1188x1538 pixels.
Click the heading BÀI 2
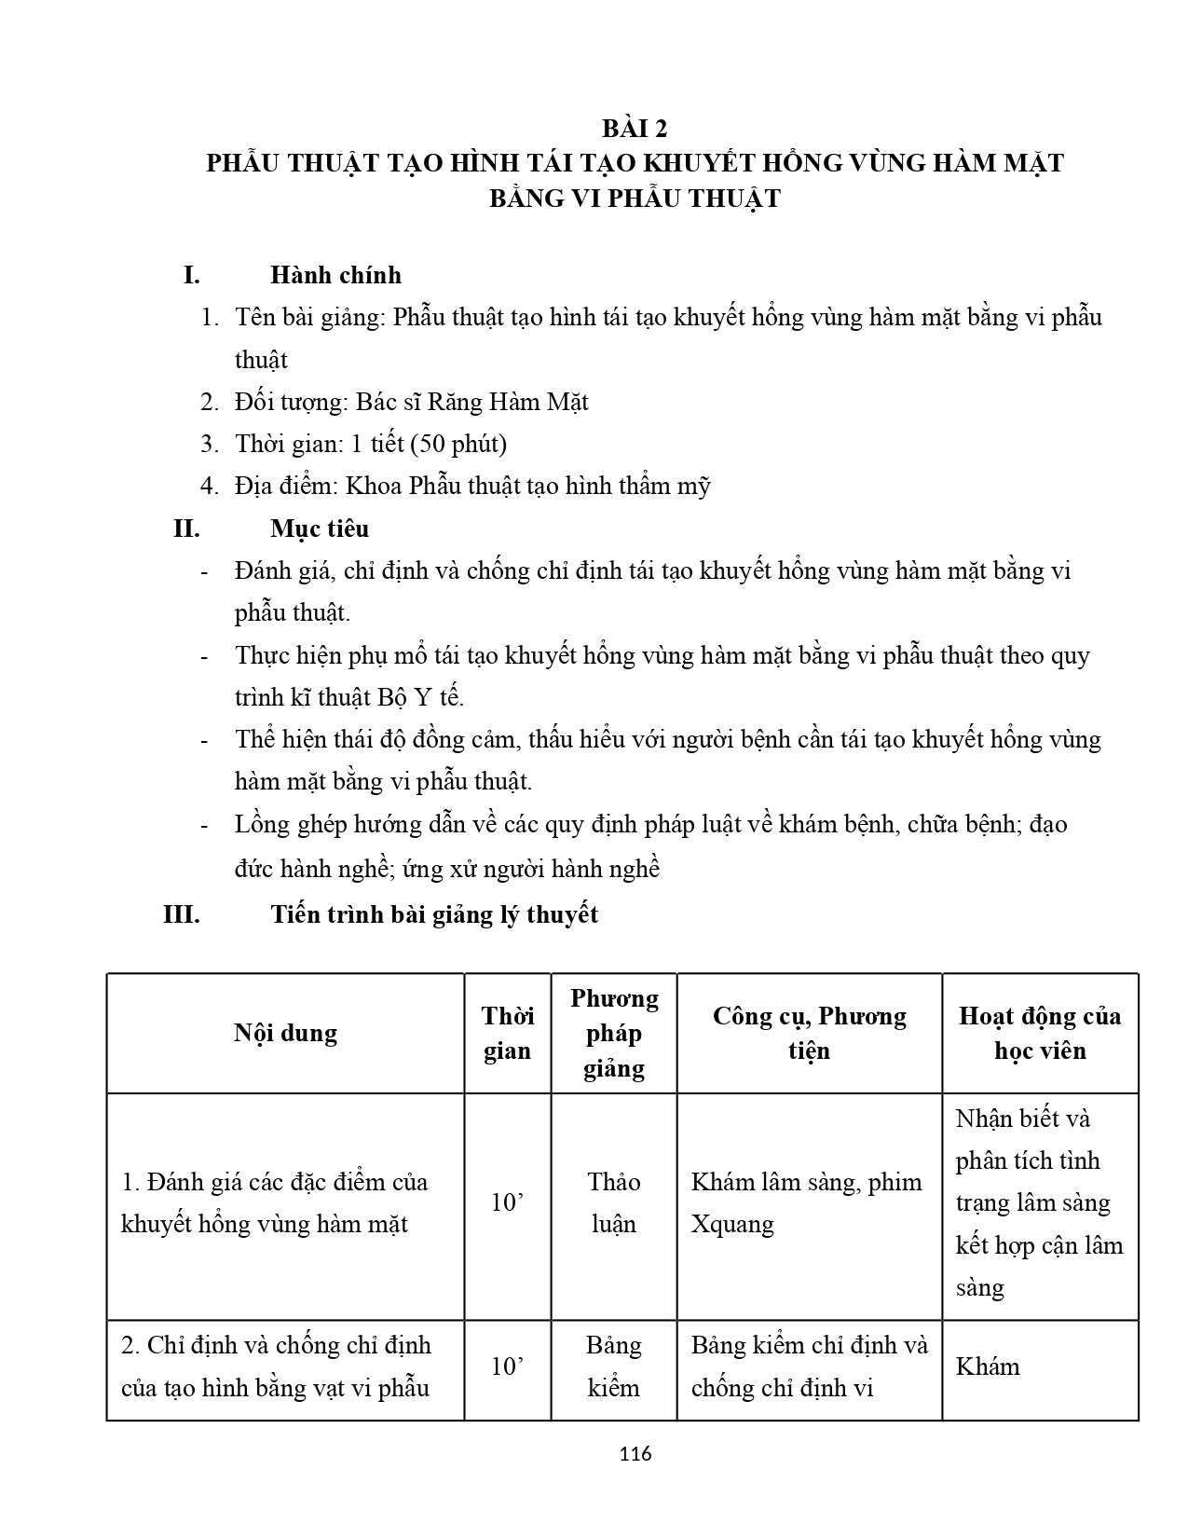(x=635, y=128)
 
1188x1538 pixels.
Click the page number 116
(x=635, y=1453)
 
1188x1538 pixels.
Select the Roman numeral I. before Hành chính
(x=191, y=275)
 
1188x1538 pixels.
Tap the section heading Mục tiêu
(x=320, y=529)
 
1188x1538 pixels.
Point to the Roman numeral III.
(x=182, y=914)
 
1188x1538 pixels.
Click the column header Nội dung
(x=285, y=1033)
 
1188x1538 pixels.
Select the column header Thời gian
(x=507, y=1033)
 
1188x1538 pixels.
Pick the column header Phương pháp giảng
(x=614, y=1033)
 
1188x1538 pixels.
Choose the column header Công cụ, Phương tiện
(x=809, y=1033)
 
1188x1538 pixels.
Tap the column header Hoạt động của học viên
(x=1040, y=1033)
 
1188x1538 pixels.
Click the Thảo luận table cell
(x=614, y=1202)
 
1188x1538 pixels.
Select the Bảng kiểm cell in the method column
(x=614, y=1366)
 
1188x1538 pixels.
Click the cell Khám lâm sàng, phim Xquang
(x=806, y=1202)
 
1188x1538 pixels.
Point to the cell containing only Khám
(x=988, y=1366)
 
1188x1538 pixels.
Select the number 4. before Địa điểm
(x=210, y=486)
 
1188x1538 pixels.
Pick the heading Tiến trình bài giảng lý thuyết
(x=434, y=914)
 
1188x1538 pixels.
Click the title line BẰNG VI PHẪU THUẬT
(x=635, y=199)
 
